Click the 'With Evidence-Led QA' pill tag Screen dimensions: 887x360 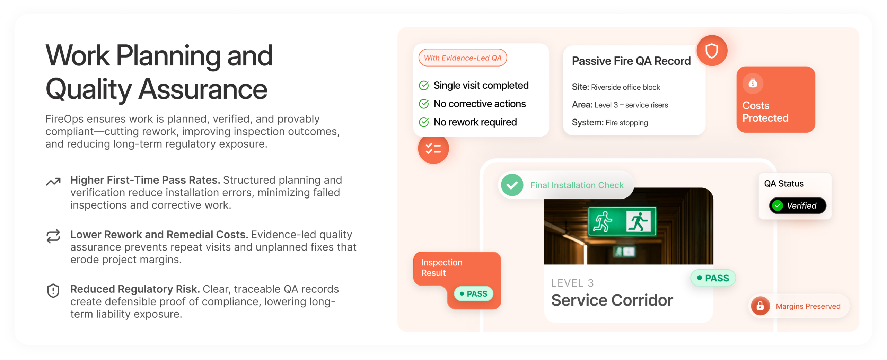462,58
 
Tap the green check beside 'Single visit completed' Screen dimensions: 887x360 423,86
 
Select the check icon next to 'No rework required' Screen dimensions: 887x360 423,122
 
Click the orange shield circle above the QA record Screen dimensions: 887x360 711,51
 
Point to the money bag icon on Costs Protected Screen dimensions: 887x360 752,83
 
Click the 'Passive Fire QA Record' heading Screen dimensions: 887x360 631,61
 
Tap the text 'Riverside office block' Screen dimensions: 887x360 625,87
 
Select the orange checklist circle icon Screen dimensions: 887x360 433,149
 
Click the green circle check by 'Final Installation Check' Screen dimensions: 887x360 512,185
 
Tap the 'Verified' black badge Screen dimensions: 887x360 797,206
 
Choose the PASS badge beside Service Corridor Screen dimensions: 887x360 713,278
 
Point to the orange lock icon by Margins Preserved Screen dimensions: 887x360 760,306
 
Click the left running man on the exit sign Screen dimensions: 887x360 602,221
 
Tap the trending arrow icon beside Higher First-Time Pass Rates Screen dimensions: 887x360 53,181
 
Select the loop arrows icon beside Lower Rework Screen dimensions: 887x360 53,236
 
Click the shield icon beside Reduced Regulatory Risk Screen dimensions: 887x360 53,291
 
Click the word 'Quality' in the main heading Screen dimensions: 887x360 88,89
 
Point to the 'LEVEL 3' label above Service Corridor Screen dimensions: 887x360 572,283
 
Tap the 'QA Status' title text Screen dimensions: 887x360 784,184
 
